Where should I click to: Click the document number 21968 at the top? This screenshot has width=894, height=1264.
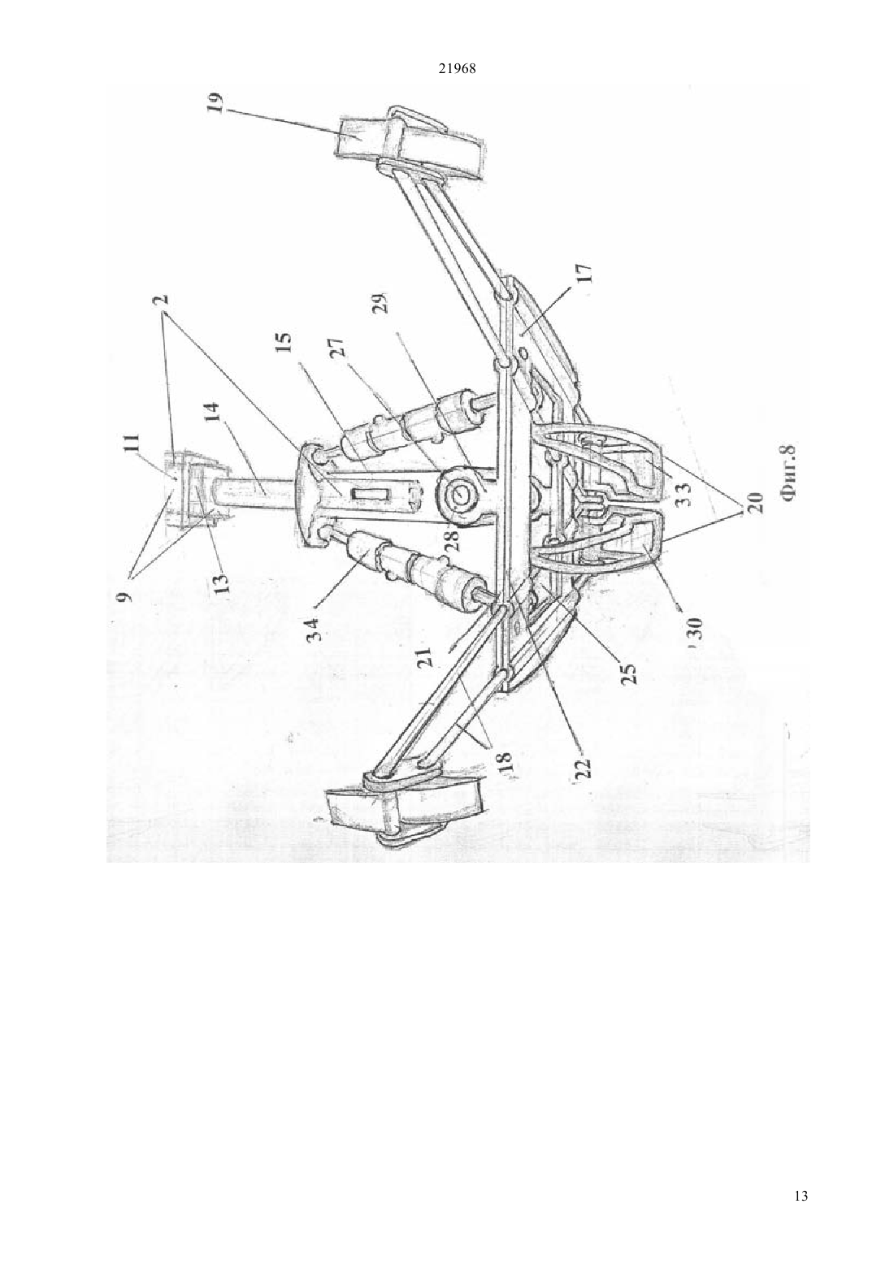(x=457, y=69)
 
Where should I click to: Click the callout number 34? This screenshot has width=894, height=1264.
(x=315, y=627)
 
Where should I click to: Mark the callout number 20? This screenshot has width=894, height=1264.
(x=757, y=502)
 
